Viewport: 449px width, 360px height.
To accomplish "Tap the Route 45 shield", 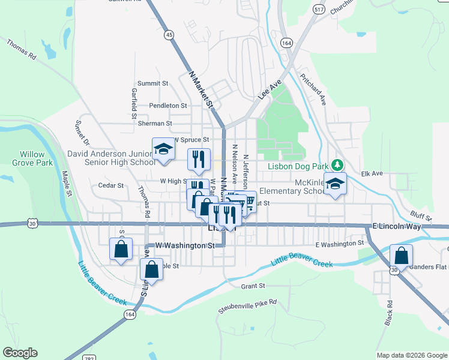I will click(169, 35).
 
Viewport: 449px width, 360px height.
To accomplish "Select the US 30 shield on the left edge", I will click(32, 224).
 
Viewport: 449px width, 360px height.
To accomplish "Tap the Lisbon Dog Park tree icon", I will click(338, 164).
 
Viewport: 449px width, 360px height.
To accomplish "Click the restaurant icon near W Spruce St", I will click(198, 159).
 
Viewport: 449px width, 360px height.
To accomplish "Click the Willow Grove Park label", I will click(32, 158).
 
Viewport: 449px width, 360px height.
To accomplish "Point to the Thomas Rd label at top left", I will click(22, 49).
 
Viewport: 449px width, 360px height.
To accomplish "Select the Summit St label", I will click(152, 83).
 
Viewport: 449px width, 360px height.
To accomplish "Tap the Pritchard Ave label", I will click(313, 90).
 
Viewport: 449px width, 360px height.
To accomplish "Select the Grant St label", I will click(253, 287).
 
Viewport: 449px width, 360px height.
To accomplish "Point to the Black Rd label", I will click(389, 313).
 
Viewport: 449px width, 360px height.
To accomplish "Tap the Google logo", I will click(20, 353).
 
